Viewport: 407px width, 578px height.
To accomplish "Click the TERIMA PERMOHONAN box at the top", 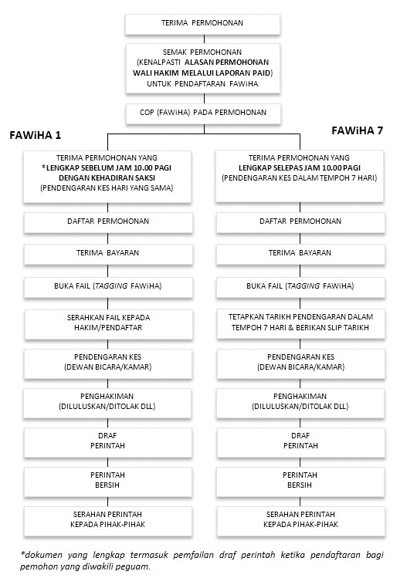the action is point(204,23).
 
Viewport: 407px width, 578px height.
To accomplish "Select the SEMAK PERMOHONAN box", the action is point(204,71).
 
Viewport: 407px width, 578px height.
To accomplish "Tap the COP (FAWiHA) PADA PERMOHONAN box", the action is point(204,113).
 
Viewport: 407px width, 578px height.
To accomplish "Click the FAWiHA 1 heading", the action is point(36,135).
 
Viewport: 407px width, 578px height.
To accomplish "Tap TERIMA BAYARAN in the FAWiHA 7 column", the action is point(300,253).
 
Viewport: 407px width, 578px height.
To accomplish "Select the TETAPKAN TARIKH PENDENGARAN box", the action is point(300,322).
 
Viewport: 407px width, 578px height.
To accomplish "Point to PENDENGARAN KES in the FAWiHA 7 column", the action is point(300,362).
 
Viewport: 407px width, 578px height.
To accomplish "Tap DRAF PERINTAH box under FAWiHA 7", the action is point(300,441).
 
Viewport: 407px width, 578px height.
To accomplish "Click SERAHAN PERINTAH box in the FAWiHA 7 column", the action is point(300,519).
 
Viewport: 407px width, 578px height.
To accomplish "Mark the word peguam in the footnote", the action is point(134,567).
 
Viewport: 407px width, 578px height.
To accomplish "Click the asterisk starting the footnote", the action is point(23,553).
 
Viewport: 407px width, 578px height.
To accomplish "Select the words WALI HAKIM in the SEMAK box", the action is point(158,72).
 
